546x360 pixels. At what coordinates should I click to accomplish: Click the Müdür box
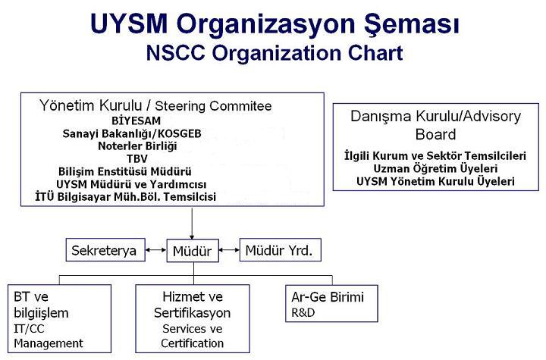click(x=193, y=250)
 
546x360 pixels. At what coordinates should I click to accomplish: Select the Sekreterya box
click(x=105, y=249)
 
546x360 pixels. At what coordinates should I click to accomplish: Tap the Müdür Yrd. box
click(x=281, y=249)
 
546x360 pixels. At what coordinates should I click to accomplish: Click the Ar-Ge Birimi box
click(x=331, y=304)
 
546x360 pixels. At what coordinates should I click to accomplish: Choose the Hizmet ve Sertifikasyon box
click(x=193, y=318)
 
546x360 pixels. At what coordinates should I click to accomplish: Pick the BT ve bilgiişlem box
click(x=60, y=318)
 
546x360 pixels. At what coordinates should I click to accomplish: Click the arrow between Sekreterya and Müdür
click(x=155, y=250)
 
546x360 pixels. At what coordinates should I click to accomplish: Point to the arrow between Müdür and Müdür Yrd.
click(x=229, y=250)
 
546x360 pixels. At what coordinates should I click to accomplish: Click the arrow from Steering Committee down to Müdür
click(x=192, y=223)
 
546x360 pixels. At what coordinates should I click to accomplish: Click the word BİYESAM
click(x=136, y=121)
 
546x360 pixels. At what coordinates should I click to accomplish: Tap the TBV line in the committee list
click(x=137, y=158)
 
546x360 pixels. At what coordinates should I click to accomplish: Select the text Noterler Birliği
click(x=137, y=146)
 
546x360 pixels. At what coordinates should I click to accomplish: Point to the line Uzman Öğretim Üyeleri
click(x=435, y=169)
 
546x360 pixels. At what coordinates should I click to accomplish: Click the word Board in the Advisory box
click(x=435, y=134)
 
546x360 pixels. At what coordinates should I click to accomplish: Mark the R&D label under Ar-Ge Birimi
click(x=303, y=313)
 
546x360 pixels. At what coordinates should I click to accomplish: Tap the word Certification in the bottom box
click(x=192, y=343)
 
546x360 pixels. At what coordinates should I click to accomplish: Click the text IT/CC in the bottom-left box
click(x=29, y=329)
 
